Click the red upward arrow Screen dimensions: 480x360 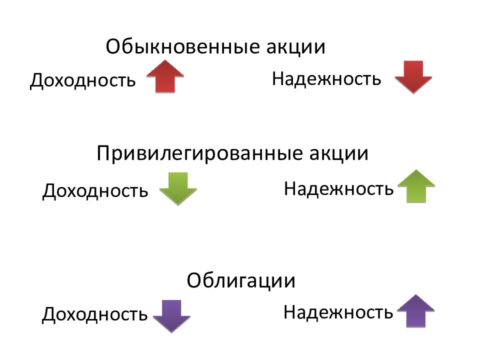(165, 76)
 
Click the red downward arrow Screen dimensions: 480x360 (413, 77)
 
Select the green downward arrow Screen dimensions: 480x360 (178, 188)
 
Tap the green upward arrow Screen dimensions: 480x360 (416, 186)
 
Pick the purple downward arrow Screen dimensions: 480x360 (171, 316)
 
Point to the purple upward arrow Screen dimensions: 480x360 (415, 311)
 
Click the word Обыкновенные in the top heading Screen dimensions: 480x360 (183, 46)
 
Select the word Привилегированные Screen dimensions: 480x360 (199, 153)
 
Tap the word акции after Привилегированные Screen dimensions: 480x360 (338, 153)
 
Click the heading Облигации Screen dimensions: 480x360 (241, 280)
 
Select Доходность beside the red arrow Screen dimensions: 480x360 (82, 80)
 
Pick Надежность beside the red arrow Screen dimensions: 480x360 (326, 78)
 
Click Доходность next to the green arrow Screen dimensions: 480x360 (95, 190)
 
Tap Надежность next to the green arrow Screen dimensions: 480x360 (338, 188)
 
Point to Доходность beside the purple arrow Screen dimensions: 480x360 (94, 314)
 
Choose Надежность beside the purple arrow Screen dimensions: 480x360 (338, 312)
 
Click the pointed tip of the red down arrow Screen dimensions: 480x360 (413, 93)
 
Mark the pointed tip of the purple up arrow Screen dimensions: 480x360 (415, 295)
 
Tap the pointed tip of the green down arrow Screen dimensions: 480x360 (178, 205)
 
